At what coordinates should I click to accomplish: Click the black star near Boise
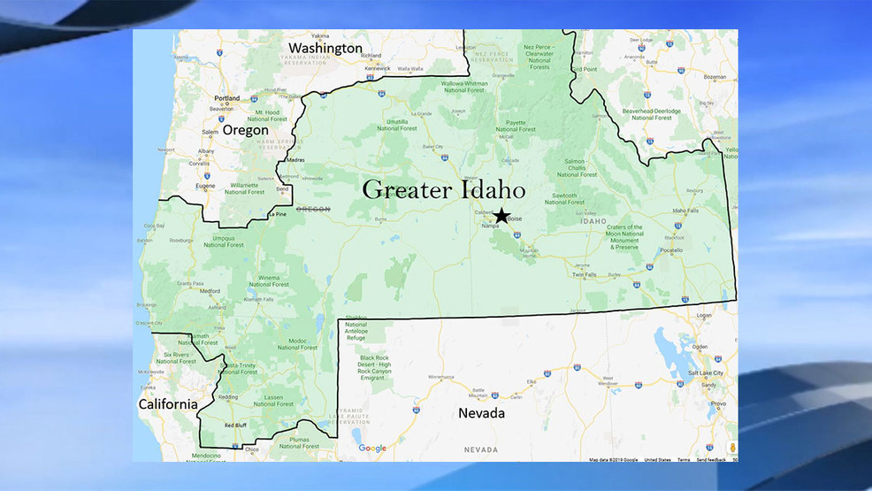[x=501, y=215]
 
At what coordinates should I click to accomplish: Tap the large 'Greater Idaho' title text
[x=444, y=189]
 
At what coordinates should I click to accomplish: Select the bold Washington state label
[x=325, y=48]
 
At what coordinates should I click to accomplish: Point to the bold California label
[x=168, y=404]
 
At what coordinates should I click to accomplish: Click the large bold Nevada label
[x=481, y=413]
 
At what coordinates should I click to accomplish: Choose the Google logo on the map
[x=372, y=449]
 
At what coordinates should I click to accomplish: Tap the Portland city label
[x=226, y=98]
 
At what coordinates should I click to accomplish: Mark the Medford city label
[x=210, y=291]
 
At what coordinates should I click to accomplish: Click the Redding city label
[x=227, y=397]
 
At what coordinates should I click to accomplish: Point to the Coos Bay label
[x=154, y=226]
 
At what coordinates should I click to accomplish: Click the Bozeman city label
[x=715, y=77]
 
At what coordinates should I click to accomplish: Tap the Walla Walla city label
[x=410, y=68]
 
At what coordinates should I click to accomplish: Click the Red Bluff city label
[x=234, y=426]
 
